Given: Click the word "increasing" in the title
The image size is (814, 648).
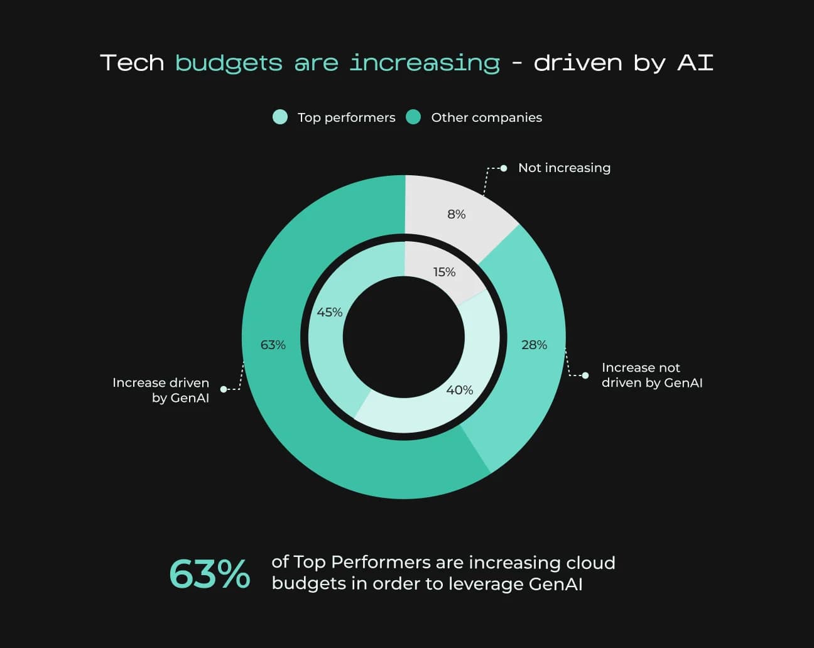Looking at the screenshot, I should coord(425,63).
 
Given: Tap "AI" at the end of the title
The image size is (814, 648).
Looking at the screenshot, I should coord(695,63).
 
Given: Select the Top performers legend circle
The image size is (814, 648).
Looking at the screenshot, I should coord(280,117).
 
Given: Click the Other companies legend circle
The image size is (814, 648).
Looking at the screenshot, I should coord(413,117).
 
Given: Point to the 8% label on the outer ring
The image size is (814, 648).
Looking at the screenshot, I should coord(457,214).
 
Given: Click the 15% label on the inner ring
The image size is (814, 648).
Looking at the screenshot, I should coord(444,272).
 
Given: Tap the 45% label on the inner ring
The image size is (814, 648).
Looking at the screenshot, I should coord(330,312).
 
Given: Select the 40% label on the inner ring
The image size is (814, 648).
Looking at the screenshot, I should coord(460,390).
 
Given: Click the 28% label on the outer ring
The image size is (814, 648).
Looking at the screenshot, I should coord(534,345).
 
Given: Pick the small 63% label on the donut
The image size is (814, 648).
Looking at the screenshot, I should coord(273,345).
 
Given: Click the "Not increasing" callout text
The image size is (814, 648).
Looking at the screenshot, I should coord(564,168).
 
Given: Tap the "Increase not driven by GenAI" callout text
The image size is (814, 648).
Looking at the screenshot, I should coord(651,375).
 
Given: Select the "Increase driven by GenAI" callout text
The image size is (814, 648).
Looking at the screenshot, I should coord(161,390).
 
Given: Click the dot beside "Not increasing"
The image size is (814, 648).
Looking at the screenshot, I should coord(504,168).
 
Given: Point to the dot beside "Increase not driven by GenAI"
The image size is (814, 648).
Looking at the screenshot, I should coord(585,375).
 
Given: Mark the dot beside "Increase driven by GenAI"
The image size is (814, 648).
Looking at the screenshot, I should coord(224,389).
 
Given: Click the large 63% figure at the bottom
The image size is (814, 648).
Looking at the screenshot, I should coord(210,574).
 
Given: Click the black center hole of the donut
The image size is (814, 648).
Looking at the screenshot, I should coord(404,337).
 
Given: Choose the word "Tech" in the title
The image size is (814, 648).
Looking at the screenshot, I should coord(132,63).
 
